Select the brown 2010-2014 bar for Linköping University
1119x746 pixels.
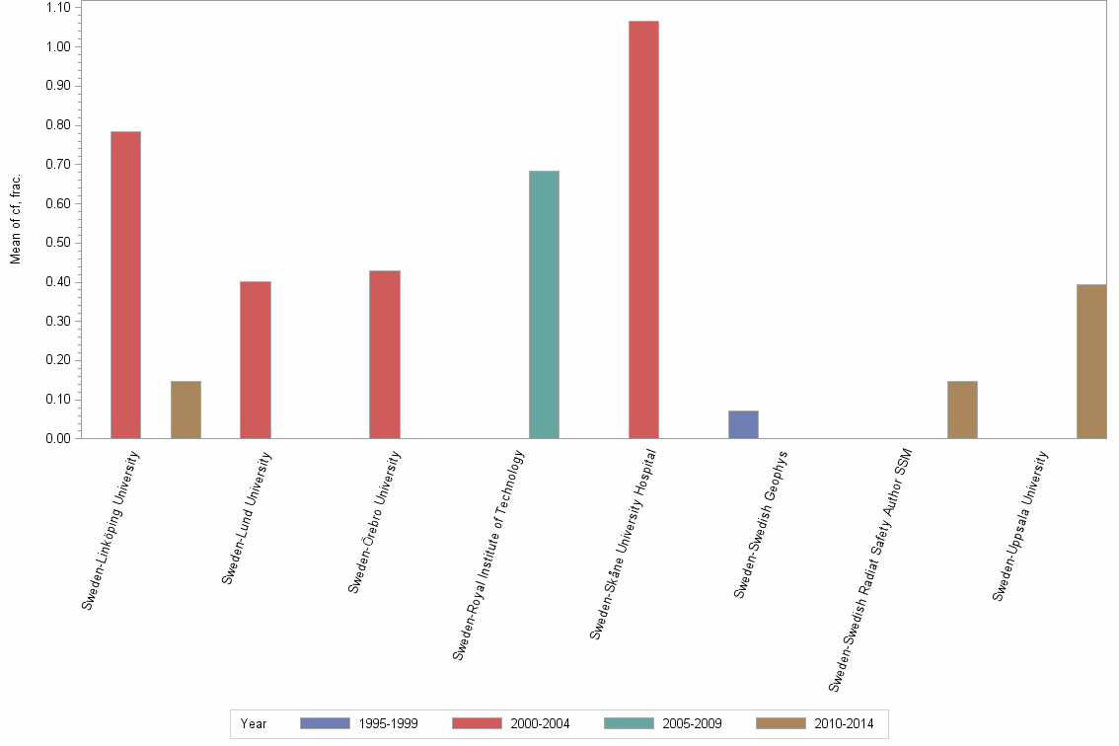[186, 410]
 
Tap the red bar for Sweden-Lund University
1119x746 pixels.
[255, 359]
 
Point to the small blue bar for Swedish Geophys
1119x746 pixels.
[743, 424]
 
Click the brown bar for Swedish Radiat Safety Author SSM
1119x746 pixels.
[962, 410]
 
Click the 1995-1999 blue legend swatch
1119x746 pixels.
[325, 723]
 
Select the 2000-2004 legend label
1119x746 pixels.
[540, 723]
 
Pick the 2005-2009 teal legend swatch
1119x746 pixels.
[629, 723]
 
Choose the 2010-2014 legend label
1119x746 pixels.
[844, 723]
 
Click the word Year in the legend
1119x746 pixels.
[254, 723]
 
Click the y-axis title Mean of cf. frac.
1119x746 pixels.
[16, 219]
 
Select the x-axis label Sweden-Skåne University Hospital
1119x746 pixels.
[624, 545]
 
